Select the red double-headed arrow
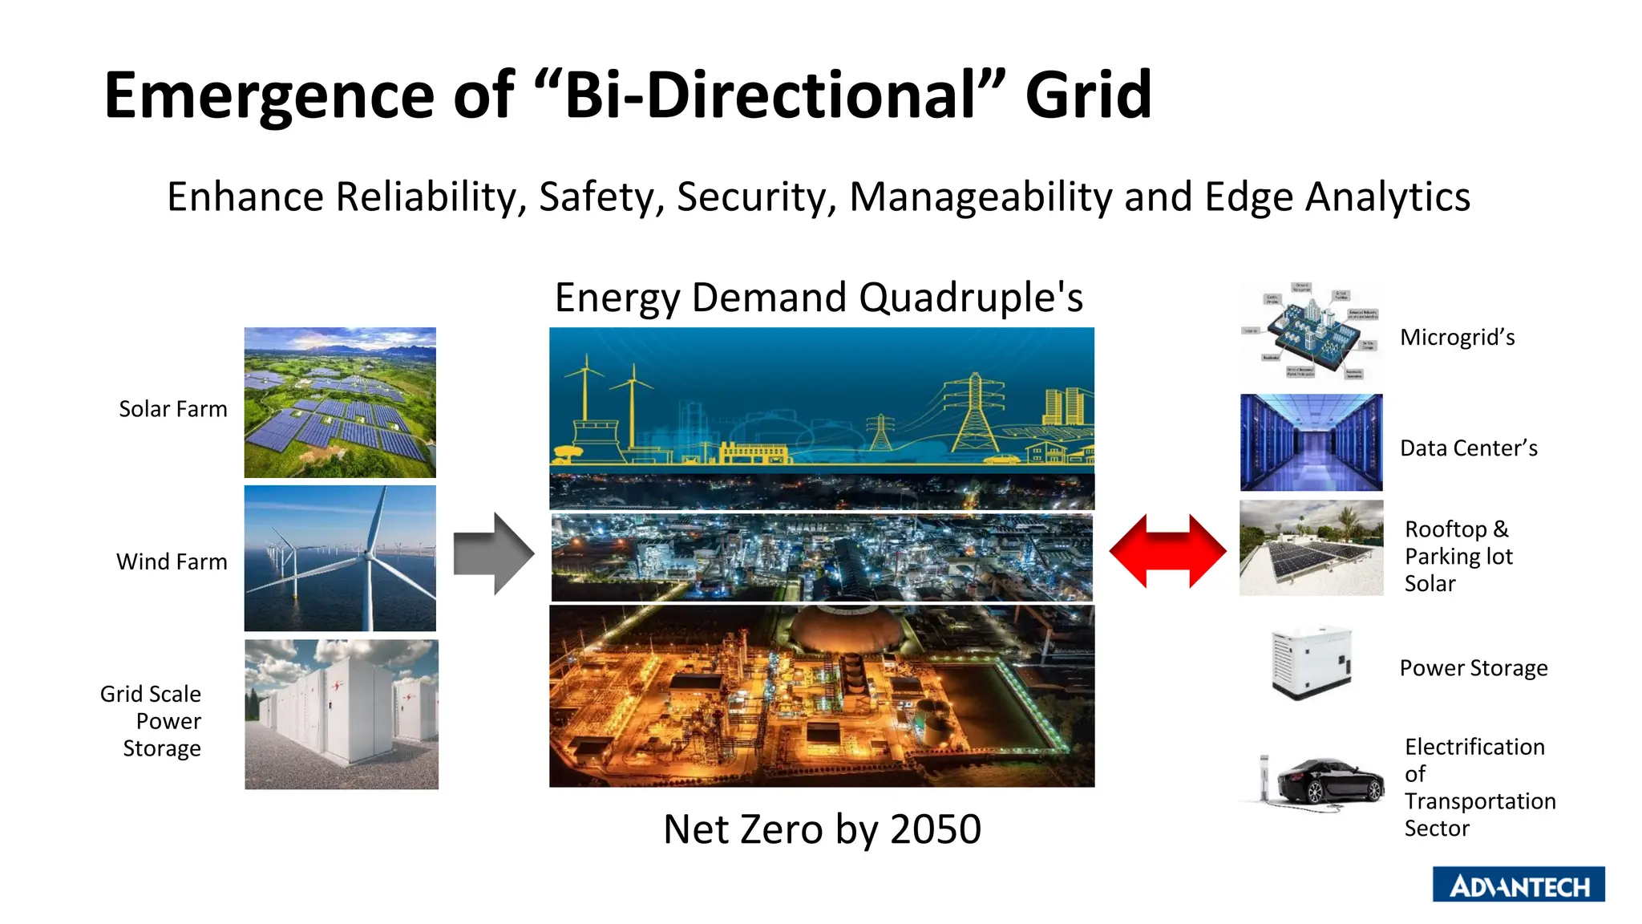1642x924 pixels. (1167, 552)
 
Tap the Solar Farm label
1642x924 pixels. (172, 409)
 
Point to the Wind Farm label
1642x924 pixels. (172, 561)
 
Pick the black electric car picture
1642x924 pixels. (1329, 780)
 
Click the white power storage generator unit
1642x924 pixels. (1312, 664)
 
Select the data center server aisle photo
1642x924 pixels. (1311, 442)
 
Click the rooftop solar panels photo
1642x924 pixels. (1311, 548)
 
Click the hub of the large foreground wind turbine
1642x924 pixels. (370, 555)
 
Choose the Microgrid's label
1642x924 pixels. (1457, 337)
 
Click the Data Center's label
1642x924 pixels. (1468, 448)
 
